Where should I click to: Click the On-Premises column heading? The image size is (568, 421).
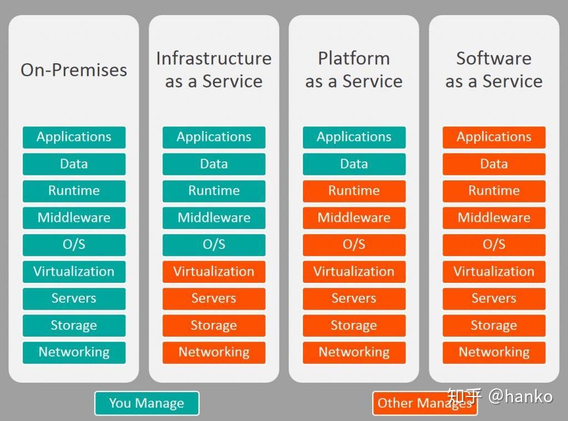[x=74, y=70]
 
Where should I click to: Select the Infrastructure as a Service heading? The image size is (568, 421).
[x=214, y=69]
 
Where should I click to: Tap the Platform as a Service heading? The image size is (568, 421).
[x=354, y=69]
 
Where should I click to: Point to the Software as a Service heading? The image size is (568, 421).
[x=494, y=69]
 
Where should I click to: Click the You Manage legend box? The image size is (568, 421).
[x=146, y=403]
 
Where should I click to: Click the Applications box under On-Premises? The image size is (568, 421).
[x=74, y=137]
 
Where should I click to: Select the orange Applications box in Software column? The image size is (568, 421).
[x=494, y=137]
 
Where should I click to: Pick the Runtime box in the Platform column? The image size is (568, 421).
[x=354, y=191]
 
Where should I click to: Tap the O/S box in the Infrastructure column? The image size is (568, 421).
[x=214, y=245]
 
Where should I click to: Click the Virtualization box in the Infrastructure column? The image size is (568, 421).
[x=214, y=271]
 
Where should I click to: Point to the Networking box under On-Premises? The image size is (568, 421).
[x=74, y=352]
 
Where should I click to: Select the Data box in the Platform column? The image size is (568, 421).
[x=354, y=164]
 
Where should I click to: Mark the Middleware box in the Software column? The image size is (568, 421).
[x=494, y=217]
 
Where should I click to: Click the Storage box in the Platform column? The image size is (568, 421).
[x=354, y=325]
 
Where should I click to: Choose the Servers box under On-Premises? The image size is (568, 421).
[x=74, y=298]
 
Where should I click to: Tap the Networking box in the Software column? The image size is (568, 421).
[x=494, y=352]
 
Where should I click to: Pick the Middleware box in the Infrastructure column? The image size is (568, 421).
[x=214, y=217]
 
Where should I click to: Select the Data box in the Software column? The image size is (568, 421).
[x=494, y=164]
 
